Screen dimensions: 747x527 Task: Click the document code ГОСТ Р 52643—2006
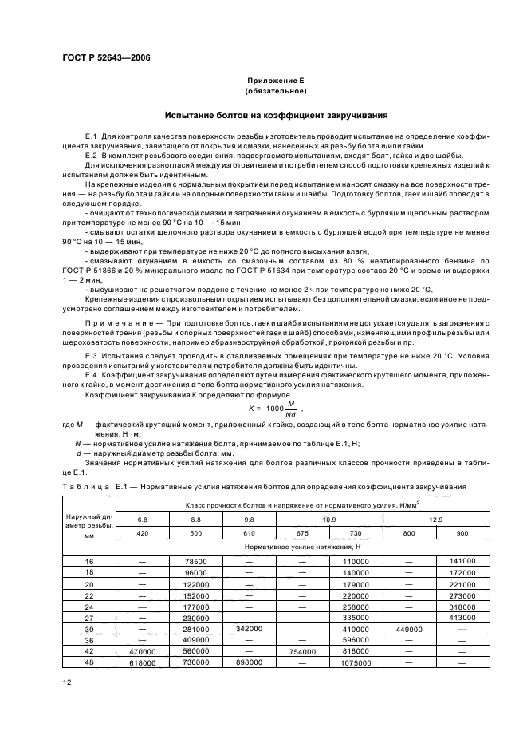coord(106,58)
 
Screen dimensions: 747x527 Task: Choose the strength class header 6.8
coord(142,519)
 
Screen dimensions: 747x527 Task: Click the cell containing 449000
coord(407,628)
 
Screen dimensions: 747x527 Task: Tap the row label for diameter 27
coord(88,617)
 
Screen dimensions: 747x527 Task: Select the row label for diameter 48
coord(88,662)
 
